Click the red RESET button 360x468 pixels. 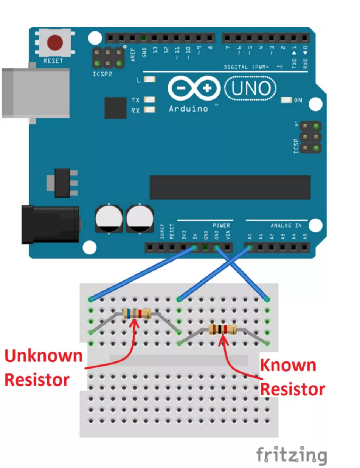(x=55, y=42)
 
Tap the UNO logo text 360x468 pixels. (x=251, y=88)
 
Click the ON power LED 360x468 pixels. (x=287, y=100)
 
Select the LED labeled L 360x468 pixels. (x=150, y=80)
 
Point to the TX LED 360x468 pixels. (x=150, y=100)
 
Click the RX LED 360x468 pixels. (x=150, y=110)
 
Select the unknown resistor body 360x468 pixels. (x=137, y=313)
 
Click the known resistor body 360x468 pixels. (x=222, y=330)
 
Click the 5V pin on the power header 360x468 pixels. (x=194, y=248)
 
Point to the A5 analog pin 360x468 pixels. (x=304, y=248)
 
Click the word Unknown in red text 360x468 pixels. (x=43, y=356)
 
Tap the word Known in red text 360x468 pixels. (x=288, y=365)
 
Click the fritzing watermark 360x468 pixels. (x=291, y=455)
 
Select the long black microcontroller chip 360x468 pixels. (x=230, y=187)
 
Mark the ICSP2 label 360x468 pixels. (x=102, y=74)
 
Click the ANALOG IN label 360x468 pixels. (x=286, y=226)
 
